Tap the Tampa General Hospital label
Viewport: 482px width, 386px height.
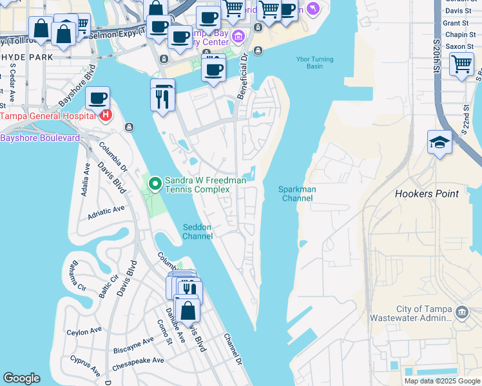47,116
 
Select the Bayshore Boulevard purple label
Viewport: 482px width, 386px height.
40,138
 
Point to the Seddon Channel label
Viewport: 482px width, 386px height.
197,232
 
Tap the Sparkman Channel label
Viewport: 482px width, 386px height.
296,194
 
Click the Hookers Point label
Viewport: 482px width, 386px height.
427,194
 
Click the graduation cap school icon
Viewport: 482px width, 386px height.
439,143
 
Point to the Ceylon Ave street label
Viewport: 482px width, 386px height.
84,331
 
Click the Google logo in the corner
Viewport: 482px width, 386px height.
21,378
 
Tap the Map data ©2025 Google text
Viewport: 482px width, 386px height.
441,381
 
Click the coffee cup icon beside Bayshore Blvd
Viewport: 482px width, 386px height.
97,98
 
